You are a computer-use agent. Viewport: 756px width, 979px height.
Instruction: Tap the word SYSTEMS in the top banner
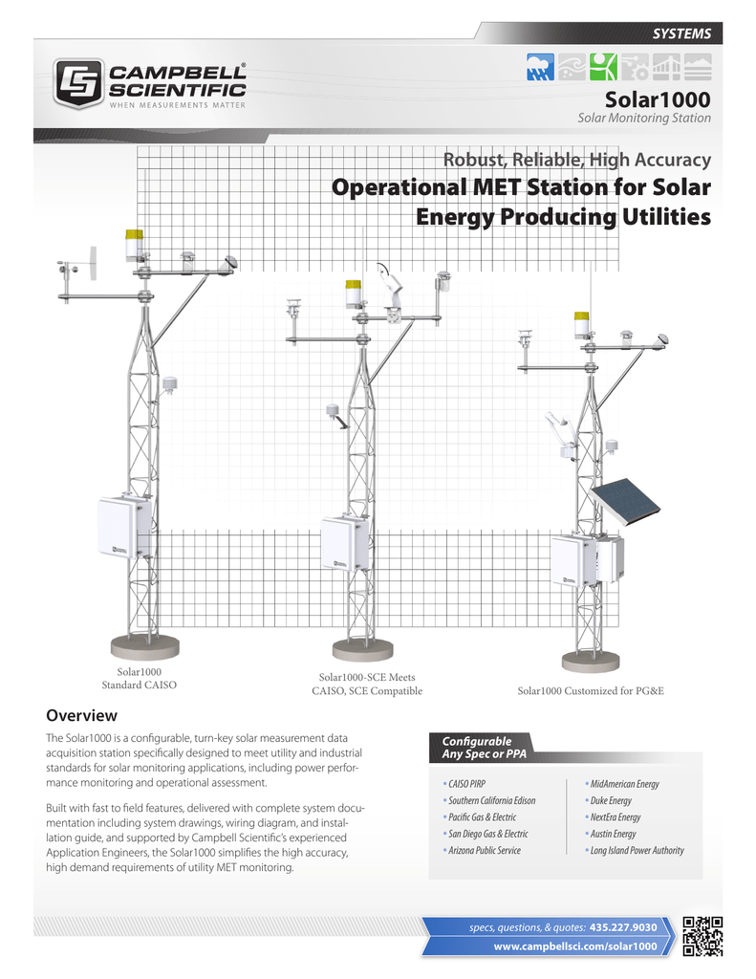(681, 33)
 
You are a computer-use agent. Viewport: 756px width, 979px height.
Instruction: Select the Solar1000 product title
(658, 99)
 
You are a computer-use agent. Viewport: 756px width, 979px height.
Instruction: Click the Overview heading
(81, 715)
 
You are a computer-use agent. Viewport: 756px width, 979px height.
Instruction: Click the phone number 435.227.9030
(623, 927)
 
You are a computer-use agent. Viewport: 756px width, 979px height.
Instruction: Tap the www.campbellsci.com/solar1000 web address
(574, 946)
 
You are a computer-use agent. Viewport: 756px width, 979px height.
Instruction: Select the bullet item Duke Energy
(612, 800)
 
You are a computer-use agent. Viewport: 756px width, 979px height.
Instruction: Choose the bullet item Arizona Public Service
(483, 850)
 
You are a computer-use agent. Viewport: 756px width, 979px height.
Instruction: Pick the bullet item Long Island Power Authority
(637, 850)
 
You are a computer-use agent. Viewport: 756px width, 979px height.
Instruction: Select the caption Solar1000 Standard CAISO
(140, 680)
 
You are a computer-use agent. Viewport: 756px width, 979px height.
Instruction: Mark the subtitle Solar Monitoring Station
(644, 119)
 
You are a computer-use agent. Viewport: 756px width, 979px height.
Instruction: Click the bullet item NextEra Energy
(615, 817)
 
